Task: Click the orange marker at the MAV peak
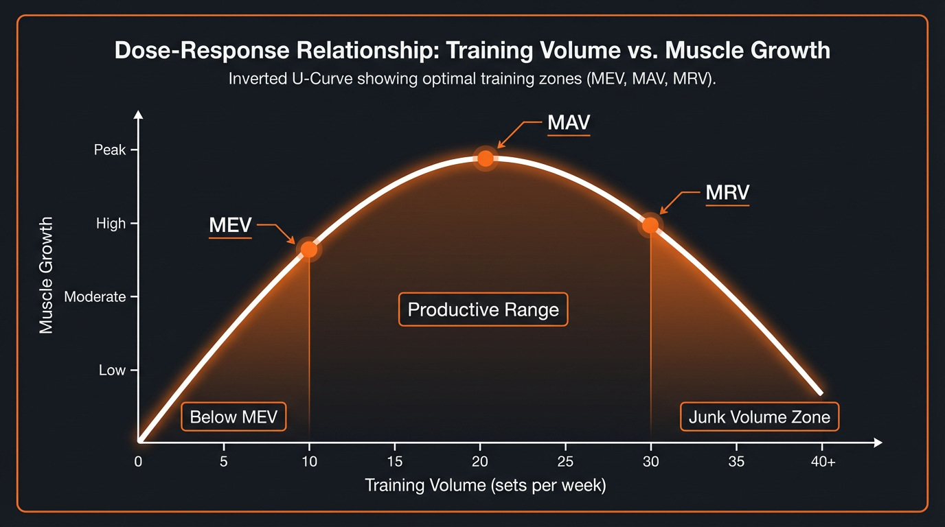click(486, 159)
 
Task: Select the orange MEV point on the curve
click(309, 250)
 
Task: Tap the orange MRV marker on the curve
click(650, 225)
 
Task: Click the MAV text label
click(569, 124)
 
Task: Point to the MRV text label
click(727, 194)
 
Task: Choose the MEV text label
click(230, 226)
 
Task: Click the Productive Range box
click(483, 309)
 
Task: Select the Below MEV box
click(234, 417)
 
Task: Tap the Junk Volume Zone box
click(759, 417)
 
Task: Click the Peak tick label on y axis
click(110, 150)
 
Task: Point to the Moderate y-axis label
click(95, 297)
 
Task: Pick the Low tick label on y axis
click(112, 371)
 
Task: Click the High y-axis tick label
click(111, 224)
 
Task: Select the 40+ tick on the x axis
click(823, 462)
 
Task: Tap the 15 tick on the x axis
click(394, 462)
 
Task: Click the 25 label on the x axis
click(565, 462)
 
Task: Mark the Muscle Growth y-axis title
click(46, 275)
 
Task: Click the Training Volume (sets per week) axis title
click(486, 486)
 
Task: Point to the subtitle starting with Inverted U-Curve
click(473, 79)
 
